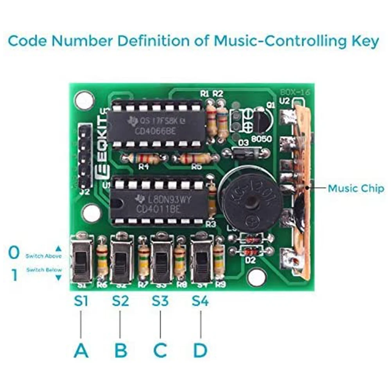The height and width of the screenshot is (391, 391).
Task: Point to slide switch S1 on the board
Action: [81, 260]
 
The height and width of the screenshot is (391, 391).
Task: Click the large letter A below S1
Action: [81, 351]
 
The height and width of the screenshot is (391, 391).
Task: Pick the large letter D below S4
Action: [200, 351]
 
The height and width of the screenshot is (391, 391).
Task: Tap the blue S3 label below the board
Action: [160, 301]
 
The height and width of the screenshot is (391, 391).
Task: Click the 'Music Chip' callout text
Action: [356, 188]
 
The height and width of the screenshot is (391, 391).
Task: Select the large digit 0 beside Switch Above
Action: [14, 253]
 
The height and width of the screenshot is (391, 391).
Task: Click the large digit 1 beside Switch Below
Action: [14, 275]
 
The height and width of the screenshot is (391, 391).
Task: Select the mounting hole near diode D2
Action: [256, 277]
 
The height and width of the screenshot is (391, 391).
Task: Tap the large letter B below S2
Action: [121, 351]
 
